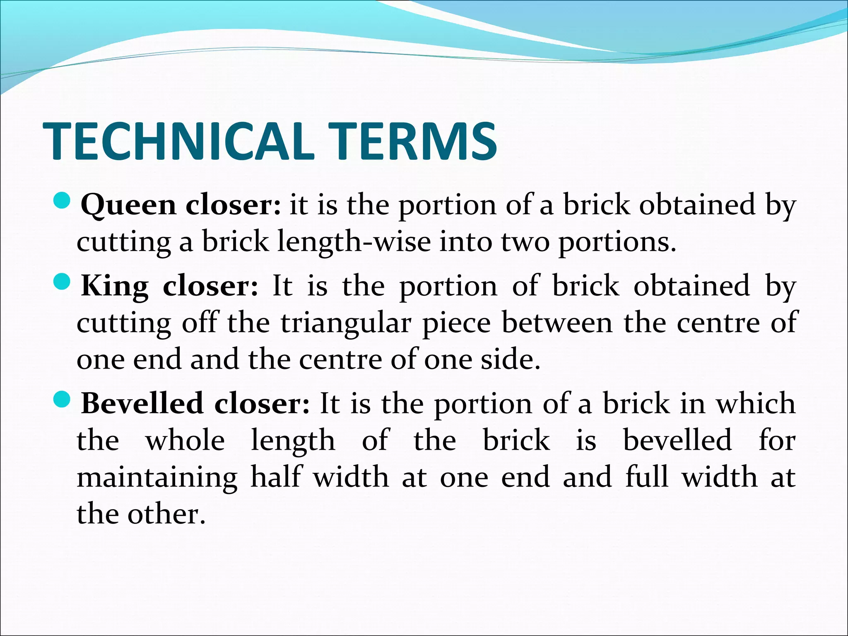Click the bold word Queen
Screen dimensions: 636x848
[x=128, y=205]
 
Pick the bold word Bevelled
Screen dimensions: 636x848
[x=142, y=403]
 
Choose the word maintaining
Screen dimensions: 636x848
[x=157, y=477]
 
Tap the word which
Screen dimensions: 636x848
[x=756, y=403]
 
